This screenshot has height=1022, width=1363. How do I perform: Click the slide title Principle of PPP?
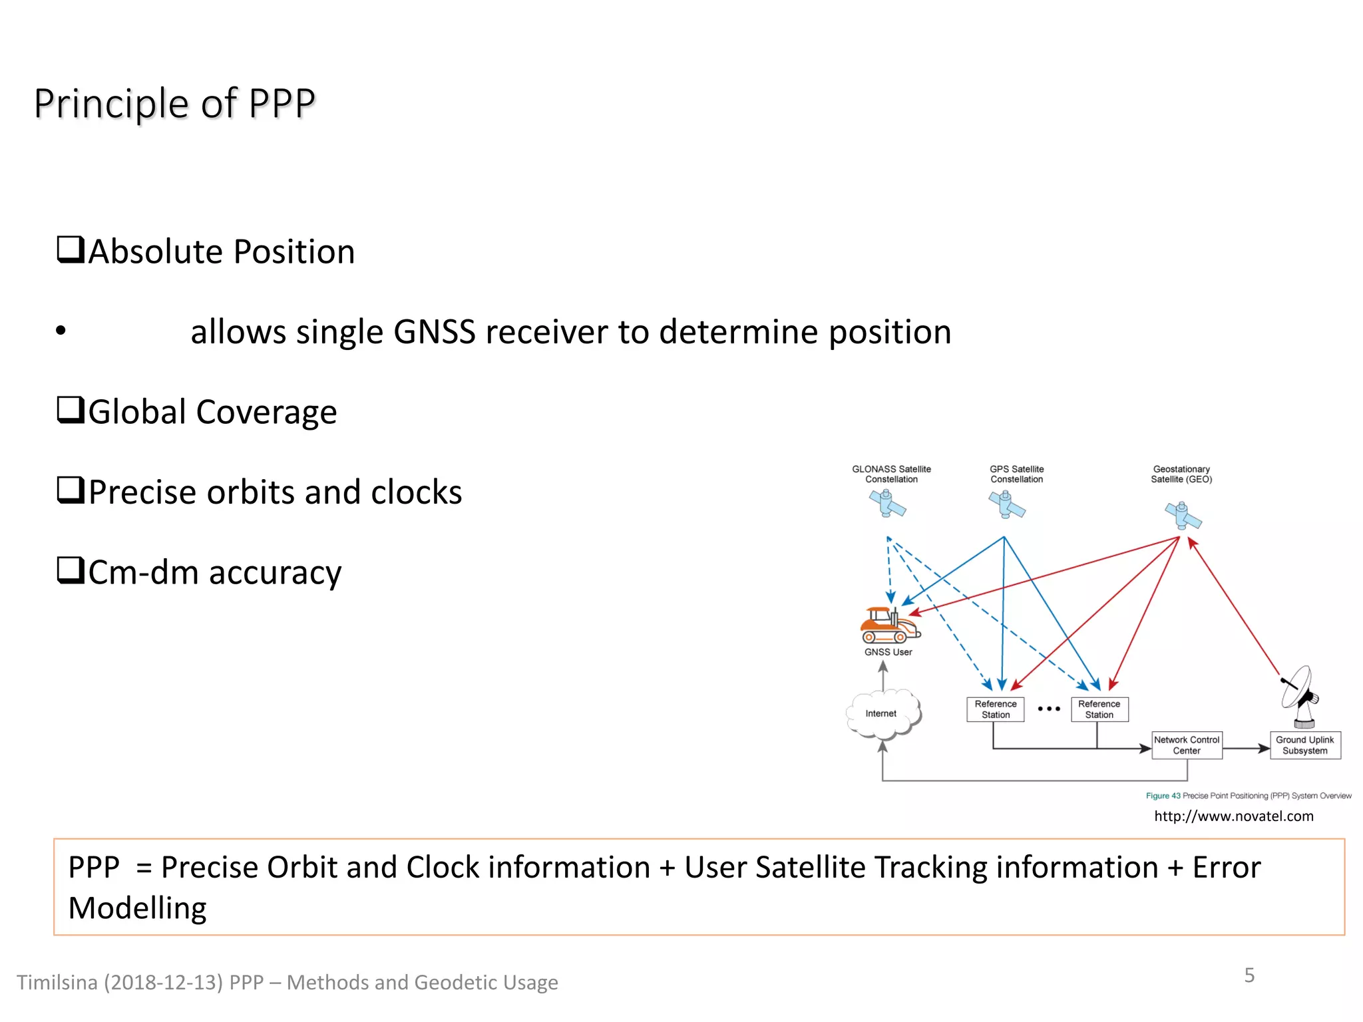tap(174, 104)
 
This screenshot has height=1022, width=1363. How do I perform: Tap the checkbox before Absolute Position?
tap(70, 250)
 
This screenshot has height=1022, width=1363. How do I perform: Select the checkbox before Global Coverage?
tap(70, 411)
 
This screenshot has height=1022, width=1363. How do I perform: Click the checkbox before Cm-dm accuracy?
tap(70, 571)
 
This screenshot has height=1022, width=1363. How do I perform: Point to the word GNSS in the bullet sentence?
tap(434, 331)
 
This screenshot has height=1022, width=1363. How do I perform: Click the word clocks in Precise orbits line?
tap(416, 492)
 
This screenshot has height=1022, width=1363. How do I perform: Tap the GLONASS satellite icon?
tap(887, 504)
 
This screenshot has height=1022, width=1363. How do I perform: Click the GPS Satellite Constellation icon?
tap(1006, 505)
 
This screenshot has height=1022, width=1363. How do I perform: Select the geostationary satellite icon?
tap(1183, 516)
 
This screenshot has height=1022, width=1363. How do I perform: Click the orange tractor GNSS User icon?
tap(889, 625)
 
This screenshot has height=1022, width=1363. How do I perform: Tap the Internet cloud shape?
tap(882, 714)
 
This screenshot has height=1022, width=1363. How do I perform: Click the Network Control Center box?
tap(1187, 745)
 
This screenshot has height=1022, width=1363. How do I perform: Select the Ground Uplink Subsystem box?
tap(1304, 745)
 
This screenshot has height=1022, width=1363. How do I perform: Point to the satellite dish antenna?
tap(1300, 695)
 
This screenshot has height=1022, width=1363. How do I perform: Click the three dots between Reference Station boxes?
tap(1049, 709)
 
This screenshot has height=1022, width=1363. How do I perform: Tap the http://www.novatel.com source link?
tap(1233, 816)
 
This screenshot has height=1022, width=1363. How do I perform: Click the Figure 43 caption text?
tap(1248, 796)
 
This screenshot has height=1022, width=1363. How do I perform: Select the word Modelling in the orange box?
tap(138, 909)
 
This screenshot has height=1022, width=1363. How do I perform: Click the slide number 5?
tap(1249, 975)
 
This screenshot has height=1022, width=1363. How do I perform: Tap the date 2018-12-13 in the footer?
tap(163, 983)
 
